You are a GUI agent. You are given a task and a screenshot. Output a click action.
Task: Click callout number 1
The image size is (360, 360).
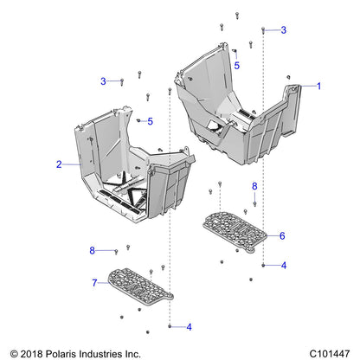[318, 86]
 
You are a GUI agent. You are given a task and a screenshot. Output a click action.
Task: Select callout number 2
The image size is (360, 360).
[59, 164]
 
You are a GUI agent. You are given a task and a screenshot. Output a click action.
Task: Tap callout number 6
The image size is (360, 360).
[281, 235]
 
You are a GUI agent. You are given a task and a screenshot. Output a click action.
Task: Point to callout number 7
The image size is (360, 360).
[94, 282]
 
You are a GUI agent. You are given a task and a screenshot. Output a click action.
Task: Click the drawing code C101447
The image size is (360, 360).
[328, 353]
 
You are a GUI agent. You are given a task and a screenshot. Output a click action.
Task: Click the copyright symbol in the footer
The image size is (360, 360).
[13, 353]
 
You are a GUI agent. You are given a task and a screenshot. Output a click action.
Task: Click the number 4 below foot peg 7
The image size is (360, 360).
[188, 327]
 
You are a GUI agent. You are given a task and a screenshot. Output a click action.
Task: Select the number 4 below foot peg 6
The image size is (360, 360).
[283, 265]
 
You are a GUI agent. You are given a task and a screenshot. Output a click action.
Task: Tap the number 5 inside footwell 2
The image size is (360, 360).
[150, 120]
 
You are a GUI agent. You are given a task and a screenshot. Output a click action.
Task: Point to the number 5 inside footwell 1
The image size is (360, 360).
[236, 64]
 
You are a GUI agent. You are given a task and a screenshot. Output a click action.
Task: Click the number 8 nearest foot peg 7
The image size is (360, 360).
[93, 250]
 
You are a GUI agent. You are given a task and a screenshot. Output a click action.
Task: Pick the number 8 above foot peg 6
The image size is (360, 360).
[254, 186]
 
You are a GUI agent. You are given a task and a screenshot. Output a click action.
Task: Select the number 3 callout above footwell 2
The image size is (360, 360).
[103, 81]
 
